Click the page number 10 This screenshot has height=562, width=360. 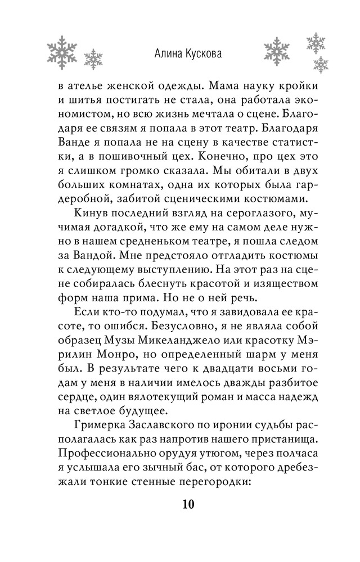(x=188, y=504)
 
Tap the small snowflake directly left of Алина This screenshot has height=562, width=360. (x=93, y=58)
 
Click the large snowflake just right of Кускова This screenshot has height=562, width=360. (x=276, y=51)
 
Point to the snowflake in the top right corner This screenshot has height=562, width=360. (x=316, y=41)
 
